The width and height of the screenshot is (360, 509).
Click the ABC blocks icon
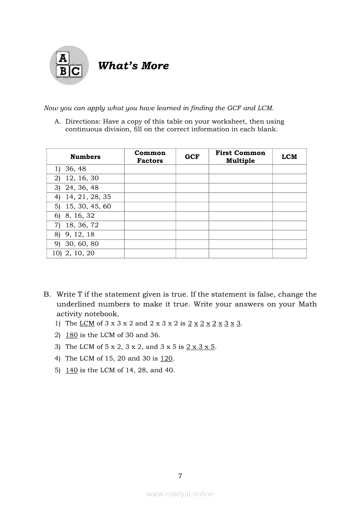69,65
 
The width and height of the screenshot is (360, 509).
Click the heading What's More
133,66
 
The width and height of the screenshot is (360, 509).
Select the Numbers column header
85,157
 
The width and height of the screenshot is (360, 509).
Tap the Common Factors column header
150,157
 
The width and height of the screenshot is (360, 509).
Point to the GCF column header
192,157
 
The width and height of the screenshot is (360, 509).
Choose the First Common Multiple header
240,157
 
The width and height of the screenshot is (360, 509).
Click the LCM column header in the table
289,157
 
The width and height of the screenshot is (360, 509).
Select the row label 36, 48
76,169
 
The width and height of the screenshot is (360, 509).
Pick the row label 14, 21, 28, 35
88,197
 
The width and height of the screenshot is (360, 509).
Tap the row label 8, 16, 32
80,216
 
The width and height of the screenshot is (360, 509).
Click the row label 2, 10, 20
80,253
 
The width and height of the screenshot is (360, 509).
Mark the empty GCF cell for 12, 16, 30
192,178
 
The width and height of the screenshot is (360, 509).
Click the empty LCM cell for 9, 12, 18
289,234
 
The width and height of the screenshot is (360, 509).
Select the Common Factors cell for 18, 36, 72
150,225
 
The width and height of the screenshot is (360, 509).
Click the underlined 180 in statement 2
71,335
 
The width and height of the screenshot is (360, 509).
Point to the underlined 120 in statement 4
166,358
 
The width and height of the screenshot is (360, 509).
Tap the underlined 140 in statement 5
71,370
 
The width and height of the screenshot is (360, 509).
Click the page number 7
180,476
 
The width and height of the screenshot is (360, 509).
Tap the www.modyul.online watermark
180,494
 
